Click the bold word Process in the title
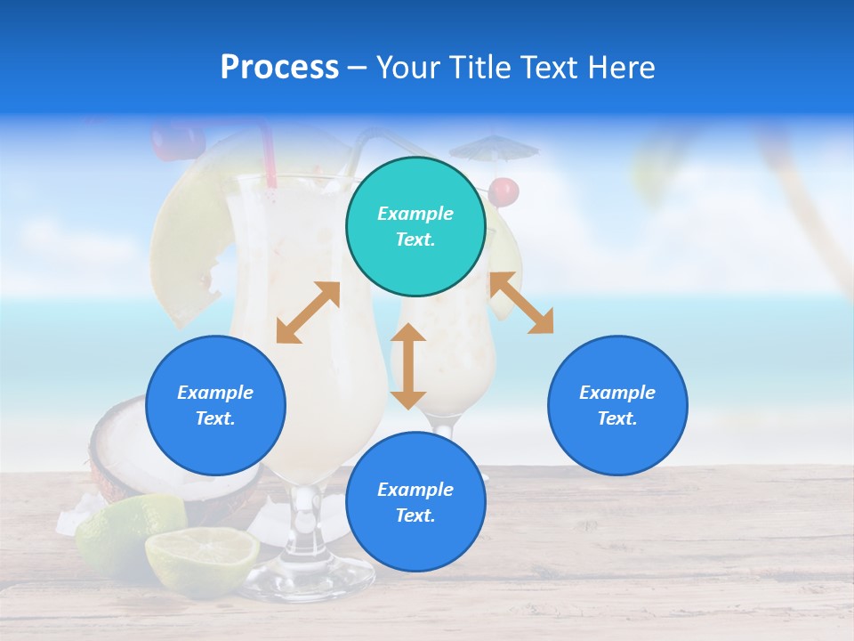(279, 68)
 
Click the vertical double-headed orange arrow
(408, 366)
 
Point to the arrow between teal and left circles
(308, 312)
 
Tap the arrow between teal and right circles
(521, 303)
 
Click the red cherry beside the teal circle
(504, 191)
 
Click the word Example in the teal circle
(415, 214)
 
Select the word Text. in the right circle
(617, 418)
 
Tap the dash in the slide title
(358, 68)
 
